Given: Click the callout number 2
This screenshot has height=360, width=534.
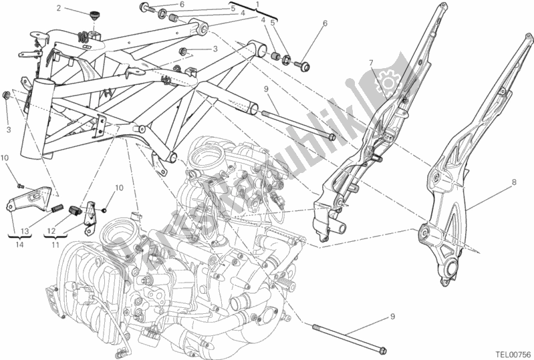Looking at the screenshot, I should (x=59, y=9).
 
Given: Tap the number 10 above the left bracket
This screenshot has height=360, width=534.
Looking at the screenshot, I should (x=5, y=158).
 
